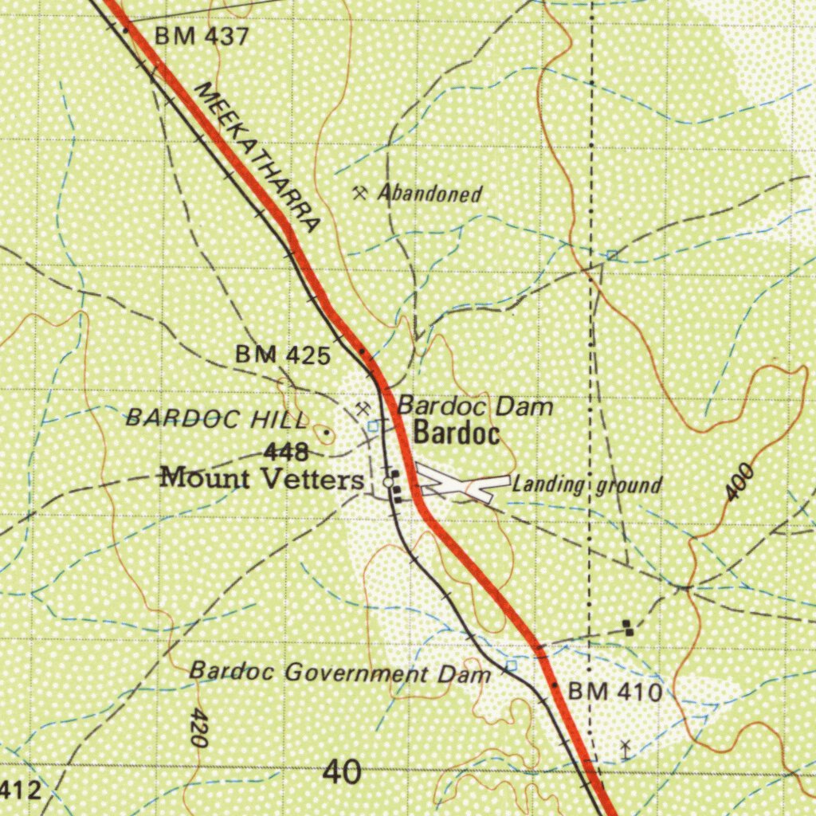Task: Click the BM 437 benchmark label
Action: (202, 37)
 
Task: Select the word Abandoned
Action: (430, 194)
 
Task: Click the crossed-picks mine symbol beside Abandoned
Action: (360, 192)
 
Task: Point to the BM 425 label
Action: (283, 355)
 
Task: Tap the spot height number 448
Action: (286, 453)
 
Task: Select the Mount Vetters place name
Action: (262, 480)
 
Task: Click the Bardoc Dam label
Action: (475, 406)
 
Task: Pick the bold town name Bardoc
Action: (457, 434)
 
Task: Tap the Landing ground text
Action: (586, 484)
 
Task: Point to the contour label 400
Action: (741, 483)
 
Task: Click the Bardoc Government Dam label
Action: (340, 673)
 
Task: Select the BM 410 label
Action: (615, 692)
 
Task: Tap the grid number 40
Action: (343, 772)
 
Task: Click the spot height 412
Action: (19, 790)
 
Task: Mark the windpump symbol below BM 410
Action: (626, 749)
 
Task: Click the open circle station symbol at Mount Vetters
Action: (388, 482)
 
